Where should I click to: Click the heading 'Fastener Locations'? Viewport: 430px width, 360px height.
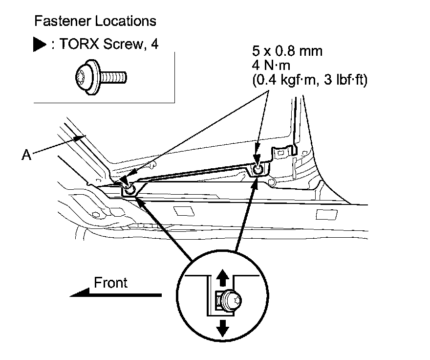(95, 22)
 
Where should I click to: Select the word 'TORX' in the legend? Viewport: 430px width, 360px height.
(73, 45)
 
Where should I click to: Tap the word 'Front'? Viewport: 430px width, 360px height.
(110, 282)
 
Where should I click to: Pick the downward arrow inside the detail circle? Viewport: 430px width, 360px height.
(223, 327)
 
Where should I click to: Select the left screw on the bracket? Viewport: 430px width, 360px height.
(129, 189)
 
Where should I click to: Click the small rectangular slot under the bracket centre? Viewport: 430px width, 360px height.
(183, 211)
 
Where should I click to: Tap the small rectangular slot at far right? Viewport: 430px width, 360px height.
(323, 214)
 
